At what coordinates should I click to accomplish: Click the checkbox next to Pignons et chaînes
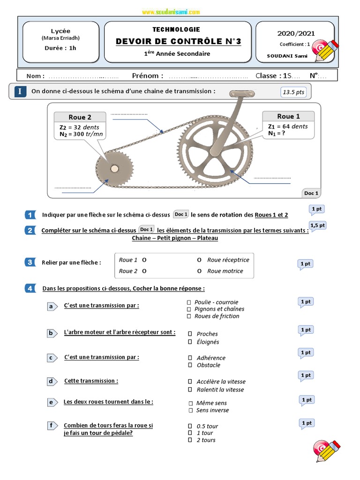[189, 309]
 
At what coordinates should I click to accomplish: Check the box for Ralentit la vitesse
[190, 390]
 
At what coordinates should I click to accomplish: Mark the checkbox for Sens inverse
[190, 411]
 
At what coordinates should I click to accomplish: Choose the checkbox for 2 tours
[190, 440]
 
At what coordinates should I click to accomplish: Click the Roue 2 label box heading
[80, 117]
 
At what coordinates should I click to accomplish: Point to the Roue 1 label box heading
[288, 116]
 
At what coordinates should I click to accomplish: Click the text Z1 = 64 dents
[288, 126]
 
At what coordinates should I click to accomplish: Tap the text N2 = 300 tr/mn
[81, 135]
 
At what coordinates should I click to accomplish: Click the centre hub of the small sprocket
[114, 168]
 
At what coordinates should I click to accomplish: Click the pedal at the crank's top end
[241, 94]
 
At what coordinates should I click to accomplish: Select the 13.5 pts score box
[294, 92]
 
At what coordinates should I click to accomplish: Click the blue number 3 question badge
[30, 262]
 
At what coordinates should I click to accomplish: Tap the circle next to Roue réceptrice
[199, 260]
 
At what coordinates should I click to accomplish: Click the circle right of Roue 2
[144, 271]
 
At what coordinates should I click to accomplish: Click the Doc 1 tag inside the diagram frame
[311, 193]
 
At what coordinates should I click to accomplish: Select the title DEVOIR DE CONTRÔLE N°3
[179, 41]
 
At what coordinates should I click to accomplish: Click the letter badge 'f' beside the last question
[51, 426]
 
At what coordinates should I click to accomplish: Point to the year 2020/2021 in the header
[296, 33]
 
